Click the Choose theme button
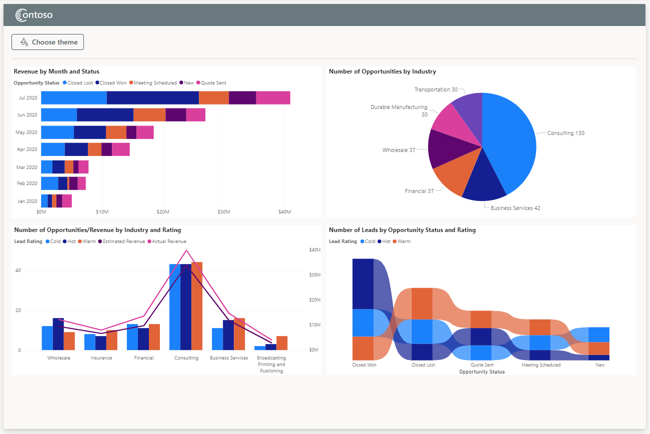pos(48,42)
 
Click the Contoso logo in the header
pos(34,15)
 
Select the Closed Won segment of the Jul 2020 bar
pos(152,98)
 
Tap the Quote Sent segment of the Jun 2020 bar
pos(196,114)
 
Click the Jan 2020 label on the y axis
pos(27,201)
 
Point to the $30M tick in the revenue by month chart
pos(224,212)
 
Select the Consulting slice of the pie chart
pos(510,140)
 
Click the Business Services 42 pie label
pos(515,208)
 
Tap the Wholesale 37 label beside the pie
pos(399,150)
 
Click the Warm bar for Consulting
pos(197,305)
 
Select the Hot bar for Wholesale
pos(58,333)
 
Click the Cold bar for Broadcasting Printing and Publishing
pos(260,347)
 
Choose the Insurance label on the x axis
pos(101,358)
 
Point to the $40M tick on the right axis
pos(314,249)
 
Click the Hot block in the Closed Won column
pos(363,283)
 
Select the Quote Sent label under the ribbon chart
pos(482,365)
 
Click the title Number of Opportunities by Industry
pos(382,71)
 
